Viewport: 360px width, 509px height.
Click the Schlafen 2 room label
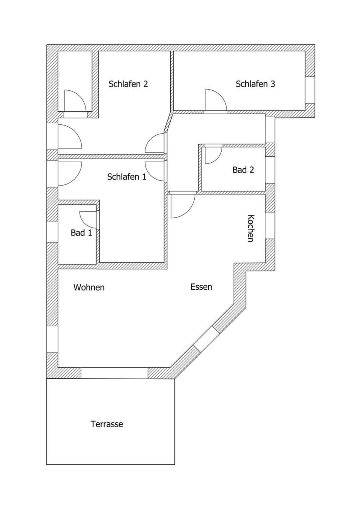pyautogui.click(x=128, y=84)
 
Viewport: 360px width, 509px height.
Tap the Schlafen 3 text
pyautogui.click(x=255, y=84)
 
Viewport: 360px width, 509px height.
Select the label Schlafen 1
pyautogui.click(x=126, y=177)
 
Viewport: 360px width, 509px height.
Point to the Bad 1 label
pyautogui.click(x=81, y=233)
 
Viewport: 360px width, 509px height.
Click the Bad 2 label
pyautogui.click(x=243, y=170)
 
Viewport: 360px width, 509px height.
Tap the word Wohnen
pyautogui.click(x=89, y=287)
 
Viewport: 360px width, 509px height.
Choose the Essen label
pyautogui.click(x=201, y=287)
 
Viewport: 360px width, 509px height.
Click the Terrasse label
pyautogui.click(x=107, y=424)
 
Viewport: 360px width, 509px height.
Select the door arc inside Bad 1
pyautogui.click(x=88, y=220)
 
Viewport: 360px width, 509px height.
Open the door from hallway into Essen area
pyautogui.click(x=183, y=205)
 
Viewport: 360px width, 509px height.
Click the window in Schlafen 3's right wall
pyautogui.click(x=310, y=90)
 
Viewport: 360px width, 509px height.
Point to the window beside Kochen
pyautogui.click(x=270, y=225)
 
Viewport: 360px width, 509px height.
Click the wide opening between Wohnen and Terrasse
pyautogui.click(x=114, y=373)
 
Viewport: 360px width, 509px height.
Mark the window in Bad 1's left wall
pyautogui.click(x=52, y=232)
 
